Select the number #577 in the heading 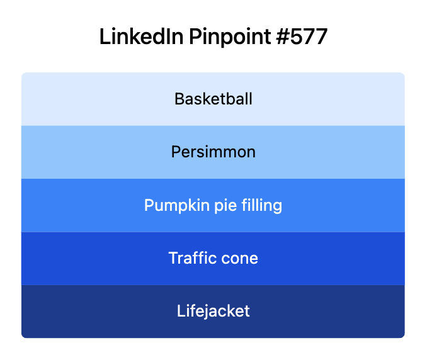301,37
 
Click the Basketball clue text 214,99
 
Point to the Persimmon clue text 214,152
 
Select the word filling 259,205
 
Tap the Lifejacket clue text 214,311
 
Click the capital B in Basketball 179,99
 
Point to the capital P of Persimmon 176,152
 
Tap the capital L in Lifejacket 181,311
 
